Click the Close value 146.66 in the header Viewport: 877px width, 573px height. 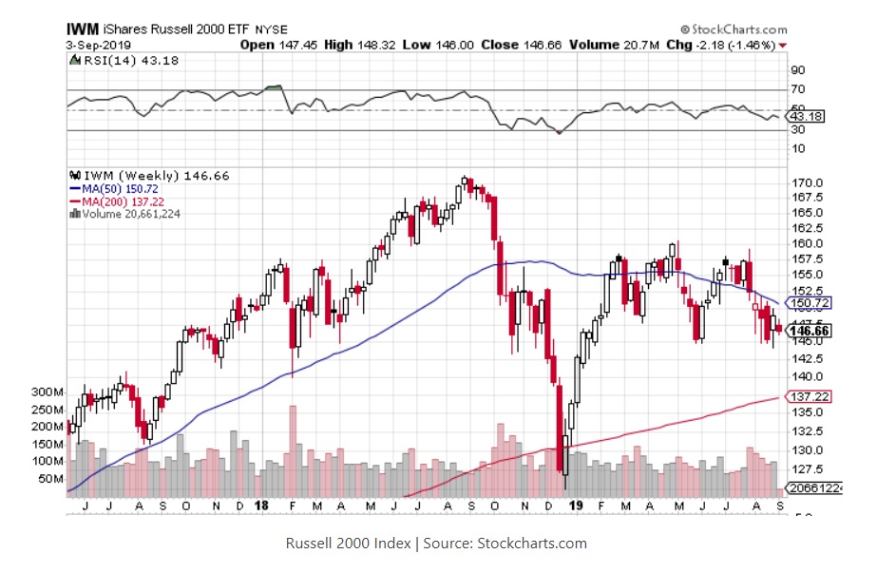pos(537,45)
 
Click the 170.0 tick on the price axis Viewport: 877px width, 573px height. pos(808,182)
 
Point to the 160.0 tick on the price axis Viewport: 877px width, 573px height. pos(808,243)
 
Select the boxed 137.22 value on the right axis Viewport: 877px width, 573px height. pos(808,395)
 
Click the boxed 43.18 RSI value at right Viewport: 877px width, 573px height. pos(808,117)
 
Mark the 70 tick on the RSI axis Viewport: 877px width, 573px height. pos(797,89)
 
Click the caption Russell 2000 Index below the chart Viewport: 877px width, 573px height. pos(348,544)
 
